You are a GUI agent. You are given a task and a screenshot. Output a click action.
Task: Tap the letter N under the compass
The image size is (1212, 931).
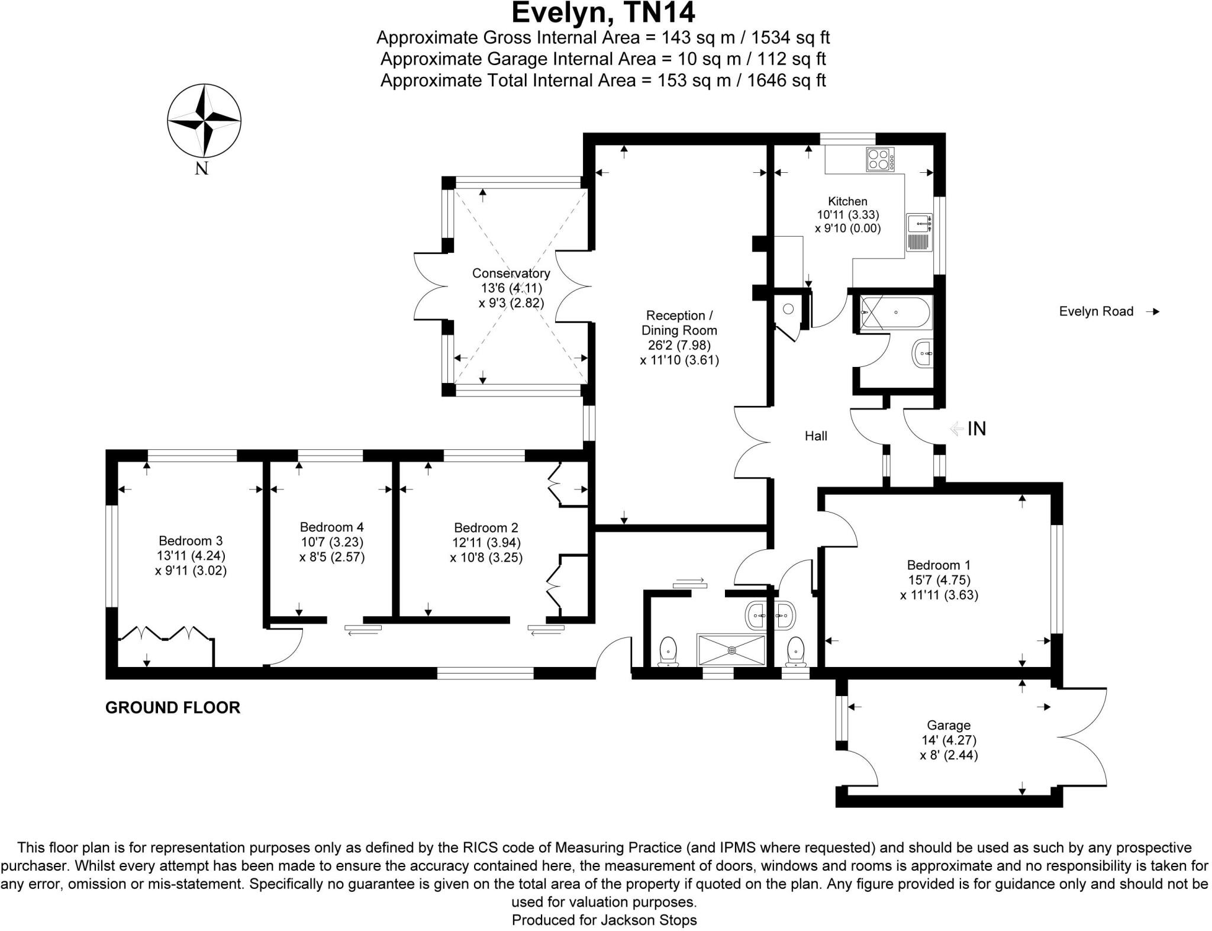pos(202,169)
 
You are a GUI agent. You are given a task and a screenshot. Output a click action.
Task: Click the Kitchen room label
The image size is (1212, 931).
pos(847,201)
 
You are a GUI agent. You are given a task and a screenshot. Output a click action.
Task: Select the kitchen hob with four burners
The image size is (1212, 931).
pos(881,159)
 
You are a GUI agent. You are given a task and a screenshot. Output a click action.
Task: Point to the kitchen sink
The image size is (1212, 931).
pos(919,223)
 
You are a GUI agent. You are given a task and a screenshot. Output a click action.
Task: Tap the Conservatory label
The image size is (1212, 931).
pos(511,273)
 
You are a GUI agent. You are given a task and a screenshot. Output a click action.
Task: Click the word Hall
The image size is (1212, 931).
pos(815,436)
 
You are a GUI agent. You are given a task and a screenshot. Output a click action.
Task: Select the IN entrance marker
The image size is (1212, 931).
pos(976,429)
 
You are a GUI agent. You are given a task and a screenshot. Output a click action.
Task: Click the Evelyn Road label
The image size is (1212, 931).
pos(1096,311)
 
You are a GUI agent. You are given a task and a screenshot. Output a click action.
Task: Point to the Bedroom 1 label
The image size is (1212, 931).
pos(939,565)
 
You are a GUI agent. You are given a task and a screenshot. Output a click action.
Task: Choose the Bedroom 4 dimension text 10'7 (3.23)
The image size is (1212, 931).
pos(331,542)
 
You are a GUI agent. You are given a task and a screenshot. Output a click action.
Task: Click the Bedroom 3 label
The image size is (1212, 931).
pos(191,540)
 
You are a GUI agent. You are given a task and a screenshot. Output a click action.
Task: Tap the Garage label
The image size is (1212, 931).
pos(949,725)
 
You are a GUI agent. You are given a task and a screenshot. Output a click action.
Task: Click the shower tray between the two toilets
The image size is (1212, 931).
pos(732,650)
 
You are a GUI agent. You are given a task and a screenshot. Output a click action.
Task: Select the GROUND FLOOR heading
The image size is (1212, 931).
pos(173,707)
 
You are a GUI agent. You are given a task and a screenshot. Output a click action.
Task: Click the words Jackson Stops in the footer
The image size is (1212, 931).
pos(649,920)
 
